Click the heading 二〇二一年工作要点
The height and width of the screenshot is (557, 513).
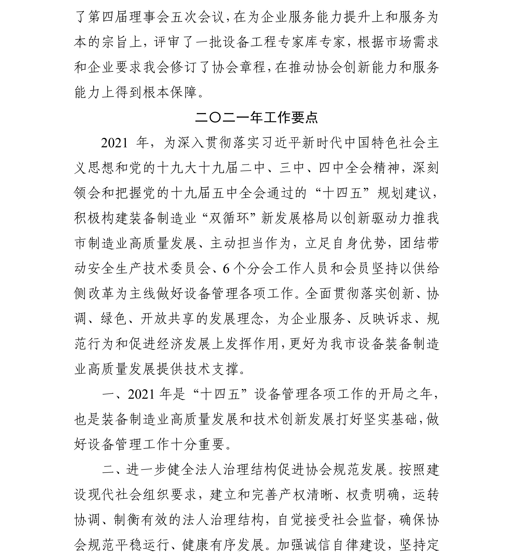tap(256, 118)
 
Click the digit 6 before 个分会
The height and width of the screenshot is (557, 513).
tap(226, 269)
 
